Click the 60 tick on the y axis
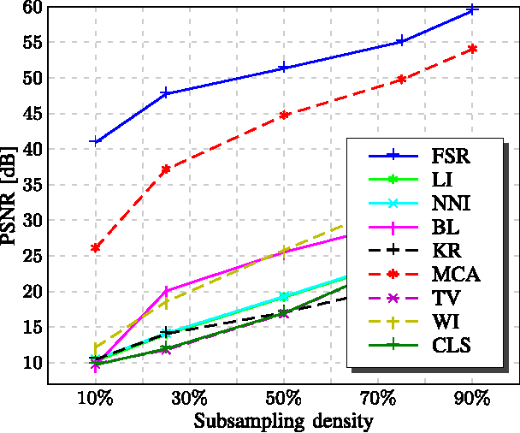32,8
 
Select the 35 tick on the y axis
32,185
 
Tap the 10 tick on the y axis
32,363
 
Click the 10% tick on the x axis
96,399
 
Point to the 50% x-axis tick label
283,399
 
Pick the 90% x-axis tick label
471,399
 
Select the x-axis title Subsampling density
283,421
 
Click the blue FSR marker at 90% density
471,10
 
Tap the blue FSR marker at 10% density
96,141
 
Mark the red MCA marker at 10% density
96,247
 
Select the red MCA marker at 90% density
471,49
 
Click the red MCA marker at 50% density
283,115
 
